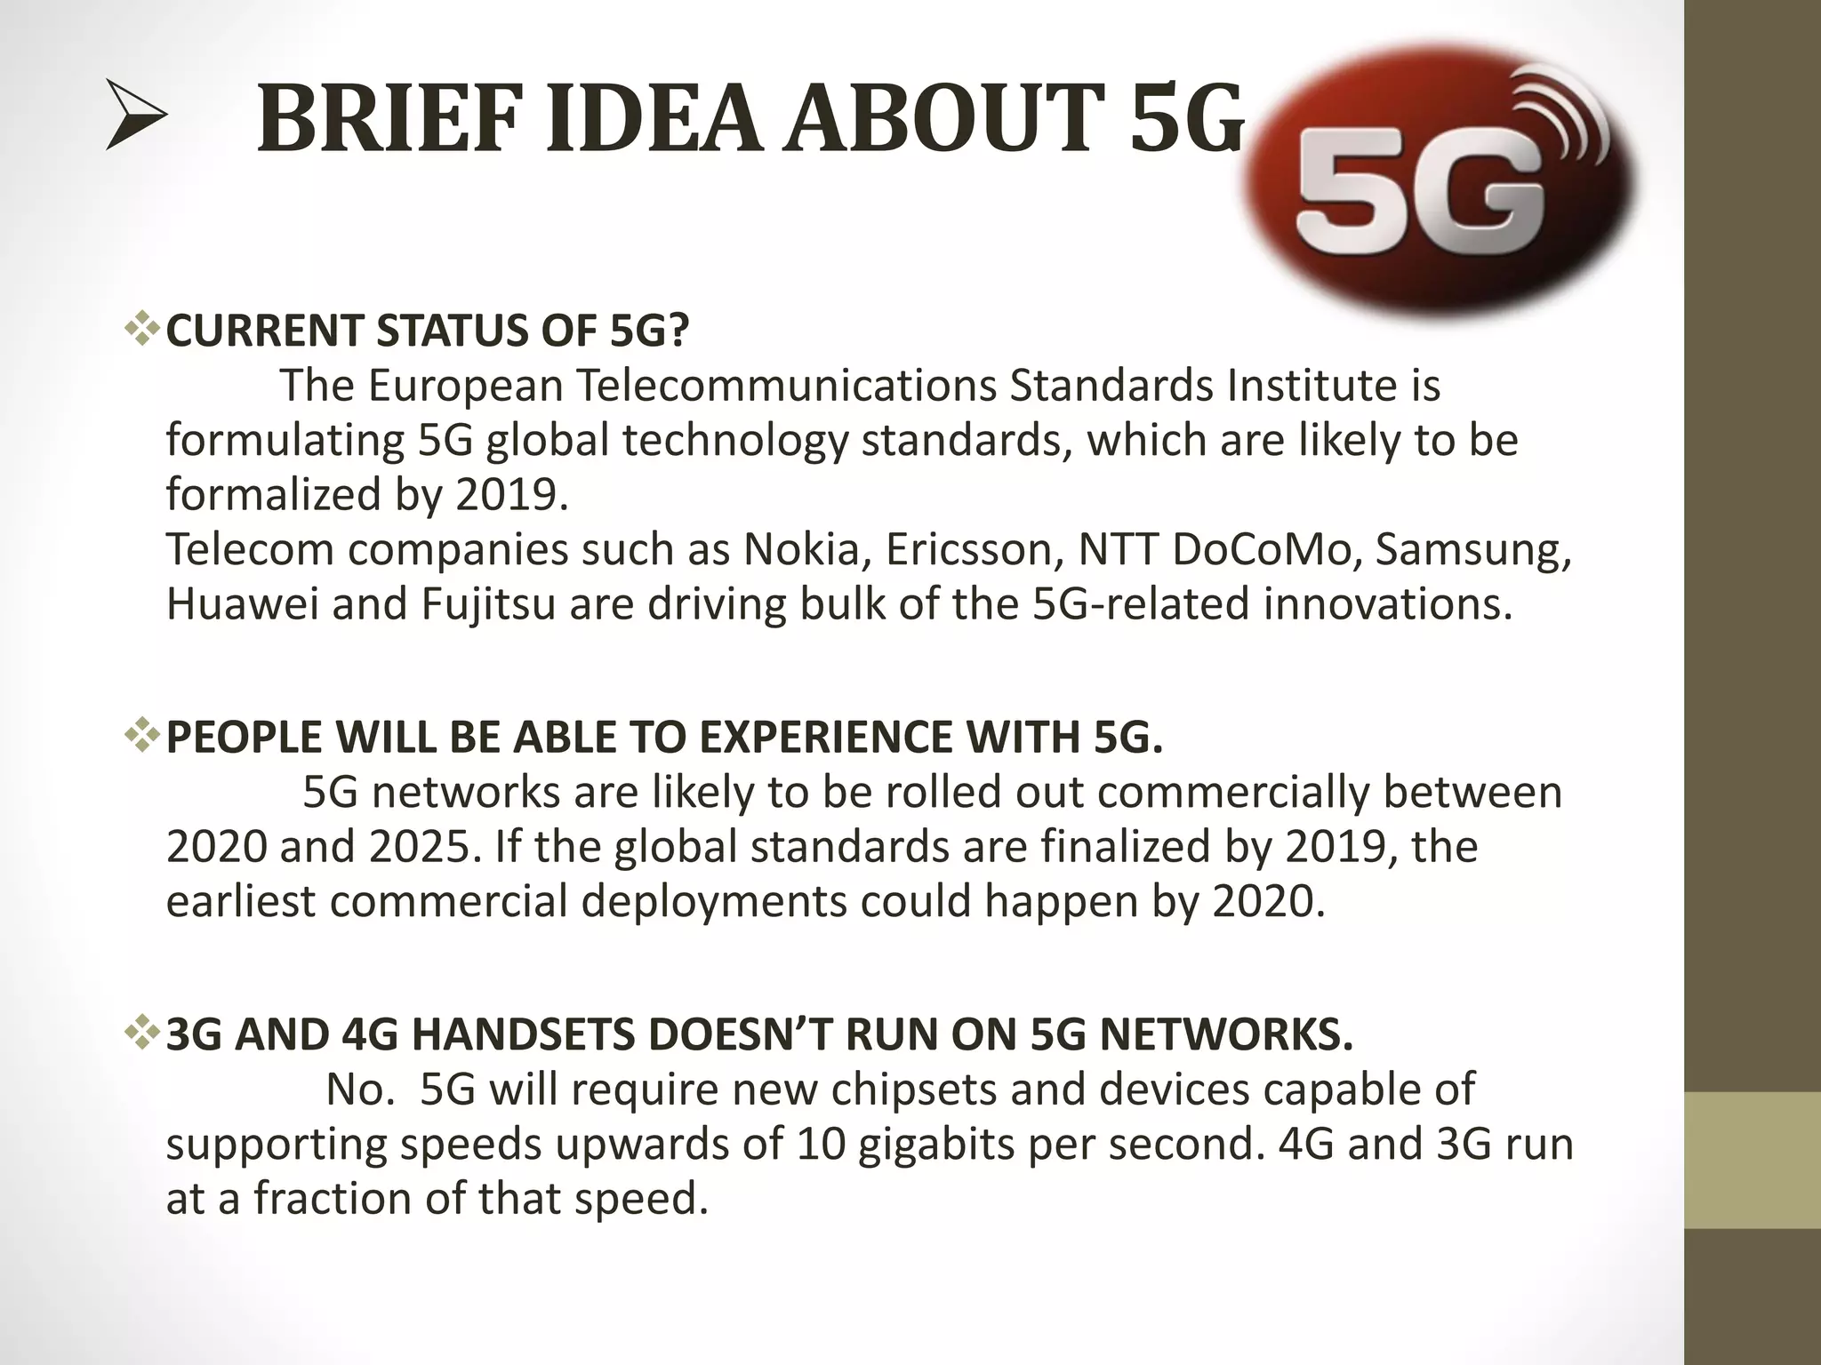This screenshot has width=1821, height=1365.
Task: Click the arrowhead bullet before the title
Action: coord(135,115)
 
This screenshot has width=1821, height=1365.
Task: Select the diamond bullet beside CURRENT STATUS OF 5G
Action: coord(141,331)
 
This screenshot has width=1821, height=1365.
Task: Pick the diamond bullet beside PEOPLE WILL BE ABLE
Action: coord(141,738)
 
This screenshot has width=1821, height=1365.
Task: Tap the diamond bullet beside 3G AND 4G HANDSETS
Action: coord(141,1034)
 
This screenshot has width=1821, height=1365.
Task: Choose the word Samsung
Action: coord(1472,549)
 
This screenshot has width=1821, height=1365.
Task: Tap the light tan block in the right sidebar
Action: coord(1753,1160)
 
